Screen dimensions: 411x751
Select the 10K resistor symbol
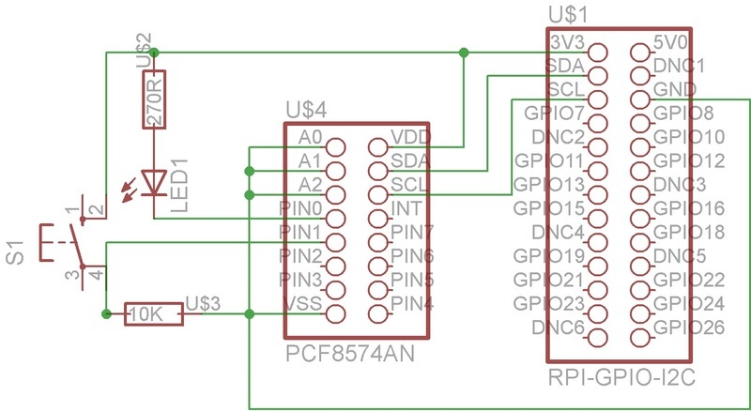154,314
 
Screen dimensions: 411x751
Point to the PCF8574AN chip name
350,355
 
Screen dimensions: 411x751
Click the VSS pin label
303,302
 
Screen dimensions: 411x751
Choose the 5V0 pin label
671,43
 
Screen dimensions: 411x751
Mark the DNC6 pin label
559,327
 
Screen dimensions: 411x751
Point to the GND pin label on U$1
675,90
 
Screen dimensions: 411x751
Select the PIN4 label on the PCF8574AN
412,302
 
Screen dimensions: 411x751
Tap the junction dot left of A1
249,171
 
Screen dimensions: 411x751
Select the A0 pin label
311,136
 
